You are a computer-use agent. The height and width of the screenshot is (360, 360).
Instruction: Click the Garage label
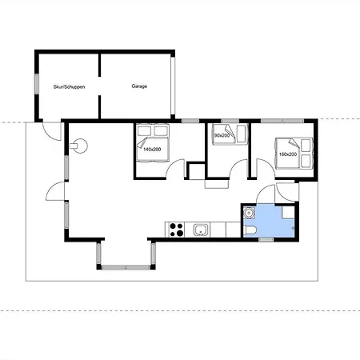139,86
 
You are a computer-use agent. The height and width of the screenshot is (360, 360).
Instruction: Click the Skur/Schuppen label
69,87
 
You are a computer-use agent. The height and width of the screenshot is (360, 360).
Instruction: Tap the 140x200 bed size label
152,150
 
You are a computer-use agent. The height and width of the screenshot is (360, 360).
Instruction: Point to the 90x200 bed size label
222,135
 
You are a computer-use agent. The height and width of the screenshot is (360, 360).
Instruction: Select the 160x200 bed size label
288,154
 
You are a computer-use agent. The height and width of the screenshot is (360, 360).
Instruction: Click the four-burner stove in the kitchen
177,230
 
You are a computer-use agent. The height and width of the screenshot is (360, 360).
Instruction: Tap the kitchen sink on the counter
201,230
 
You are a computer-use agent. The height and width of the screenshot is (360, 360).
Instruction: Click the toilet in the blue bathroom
250,230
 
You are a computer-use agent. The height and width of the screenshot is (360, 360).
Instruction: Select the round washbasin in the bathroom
250,213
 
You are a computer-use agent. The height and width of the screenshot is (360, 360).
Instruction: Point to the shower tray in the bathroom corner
288,212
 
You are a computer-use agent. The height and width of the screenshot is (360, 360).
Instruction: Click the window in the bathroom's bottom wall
266,240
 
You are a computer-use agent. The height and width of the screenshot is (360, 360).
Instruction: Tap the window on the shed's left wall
37,84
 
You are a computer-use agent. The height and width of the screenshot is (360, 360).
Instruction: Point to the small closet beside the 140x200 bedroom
197,170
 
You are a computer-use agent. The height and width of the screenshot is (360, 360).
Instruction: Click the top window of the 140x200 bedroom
190,121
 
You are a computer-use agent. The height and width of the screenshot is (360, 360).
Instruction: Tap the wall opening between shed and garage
99,86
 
